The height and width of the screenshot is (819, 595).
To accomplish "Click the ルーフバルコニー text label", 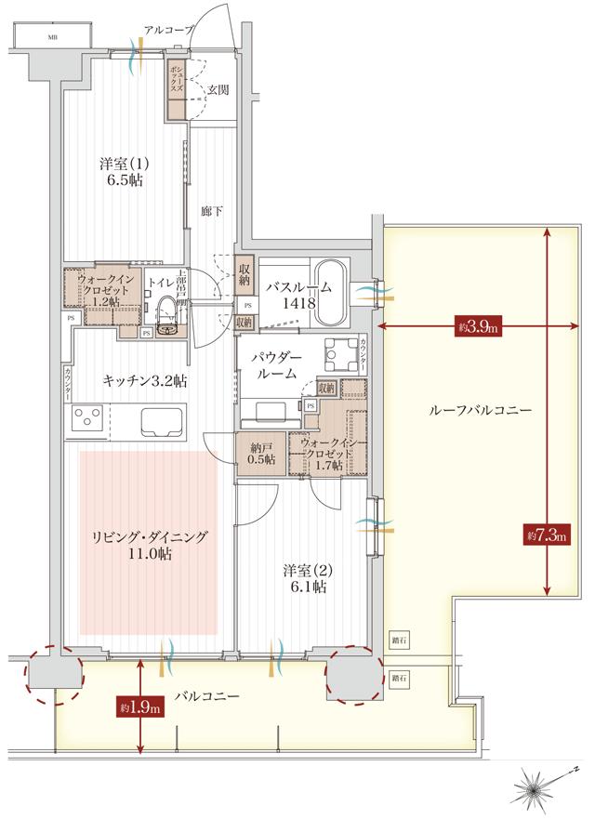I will [x=467, y=410].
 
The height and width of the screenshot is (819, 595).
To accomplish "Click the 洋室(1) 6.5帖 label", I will [x=122, y=173].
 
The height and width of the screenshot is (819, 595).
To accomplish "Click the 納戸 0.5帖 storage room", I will [x=260, y=453].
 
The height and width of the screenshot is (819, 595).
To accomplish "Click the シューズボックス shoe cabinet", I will [x=174, y=88].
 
